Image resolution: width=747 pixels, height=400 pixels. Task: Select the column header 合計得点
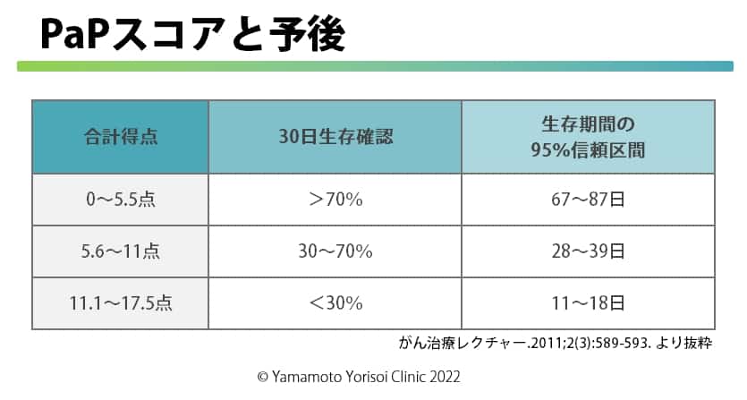tap(121, 137)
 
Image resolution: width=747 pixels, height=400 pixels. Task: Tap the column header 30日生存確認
tap(335, 137)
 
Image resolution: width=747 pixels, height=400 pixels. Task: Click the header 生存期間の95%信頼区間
tap(588, 137)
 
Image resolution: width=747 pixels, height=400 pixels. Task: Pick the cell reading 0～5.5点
tap(121, 200)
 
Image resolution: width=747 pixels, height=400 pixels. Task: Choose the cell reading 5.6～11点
tap(121, 251)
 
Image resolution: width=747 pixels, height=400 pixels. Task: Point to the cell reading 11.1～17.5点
tap(121, 303)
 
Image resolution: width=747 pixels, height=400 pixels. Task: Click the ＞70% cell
tap(335, 200)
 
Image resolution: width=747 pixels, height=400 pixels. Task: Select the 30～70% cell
tap(335, 251)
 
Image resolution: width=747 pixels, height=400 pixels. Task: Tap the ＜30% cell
tap(335, 303)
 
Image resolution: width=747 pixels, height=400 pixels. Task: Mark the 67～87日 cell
tap(588, 200)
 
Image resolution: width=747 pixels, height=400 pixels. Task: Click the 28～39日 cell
tap(588, 251)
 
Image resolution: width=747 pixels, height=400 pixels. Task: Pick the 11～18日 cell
tap(588, 303)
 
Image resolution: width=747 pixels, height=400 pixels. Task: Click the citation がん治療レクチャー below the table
tap(555, 343)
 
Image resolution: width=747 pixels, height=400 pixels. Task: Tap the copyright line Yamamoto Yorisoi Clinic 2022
tap(359, 377)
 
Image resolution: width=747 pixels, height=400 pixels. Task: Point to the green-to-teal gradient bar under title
tap(375, 66)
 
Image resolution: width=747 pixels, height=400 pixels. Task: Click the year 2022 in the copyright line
tap(445, 377)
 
